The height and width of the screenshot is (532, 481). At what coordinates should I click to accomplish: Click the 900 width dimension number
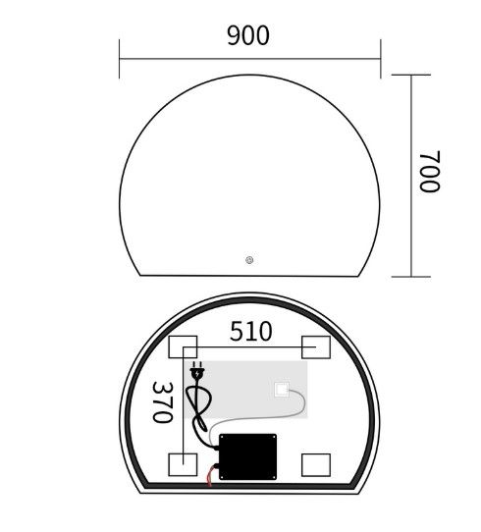coord(247,36)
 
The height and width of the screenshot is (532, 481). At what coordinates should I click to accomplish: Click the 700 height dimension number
coord(429,172)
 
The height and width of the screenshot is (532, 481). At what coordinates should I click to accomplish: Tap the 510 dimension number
coord(250,331)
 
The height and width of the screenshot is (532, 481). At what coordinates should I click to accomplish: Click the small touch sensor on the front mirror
coord(249,260)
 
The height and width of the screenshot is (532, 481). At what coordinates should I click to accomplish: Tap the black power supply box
coord(248,458)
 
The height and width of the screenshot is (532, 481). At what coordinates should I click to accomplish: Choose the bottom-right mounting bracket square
coord(316,463)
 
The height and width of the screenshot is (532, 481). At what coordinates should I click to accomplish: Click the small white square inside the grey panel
coord(283,389)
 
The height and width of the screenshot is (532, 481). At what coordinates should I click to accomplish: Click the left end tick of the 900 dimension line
coord(120,59)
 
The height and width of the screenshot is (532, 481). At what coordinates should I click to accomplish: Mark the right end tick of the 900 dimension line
coord(380,59)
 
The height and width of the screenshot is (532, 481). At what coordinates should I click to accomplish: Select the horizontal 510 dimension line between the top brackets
coord(250,348)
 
